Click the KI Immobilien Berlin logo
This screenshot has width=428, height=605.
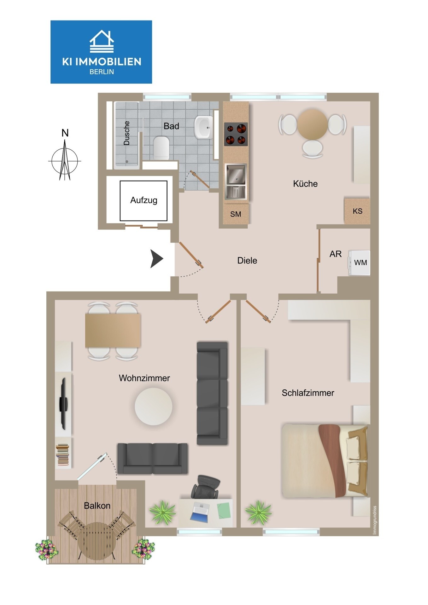click(x=101, y=52)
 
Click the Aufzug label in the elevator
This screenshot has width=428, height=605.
click(x=144, y=200)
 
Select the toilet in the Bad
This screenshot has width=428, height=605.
click(x=161, y=147)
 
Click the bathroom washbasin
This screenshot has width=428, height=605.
click(x=204, y=127)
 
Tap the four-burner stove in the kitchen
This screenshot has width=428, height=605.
click(x=236, y=134)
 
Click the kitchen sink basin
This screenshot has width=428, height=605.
click(x=236, y=174)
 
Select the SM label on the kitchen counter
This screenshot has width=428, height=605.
click(x=236, y=214)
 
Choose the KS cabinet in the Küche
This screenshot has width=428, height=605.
click(x=357, y=211)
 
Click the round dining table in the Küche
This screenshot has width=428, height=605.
click(x=313, y=124)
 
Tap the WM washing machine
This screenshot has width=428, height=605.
click(x=359, y=263)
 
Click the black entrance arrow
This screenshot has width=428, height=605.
click(x=156, y=259)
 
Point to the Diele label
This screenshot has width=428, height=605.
click(x=247, y=261)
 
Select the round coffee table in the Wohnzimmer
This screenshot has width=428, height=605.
click(x=154, y=406)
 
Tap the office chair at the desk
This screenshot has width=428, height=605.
click(x=205, y=487)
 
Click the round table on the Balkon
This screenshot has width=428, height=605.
click(x=96, y=541)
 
